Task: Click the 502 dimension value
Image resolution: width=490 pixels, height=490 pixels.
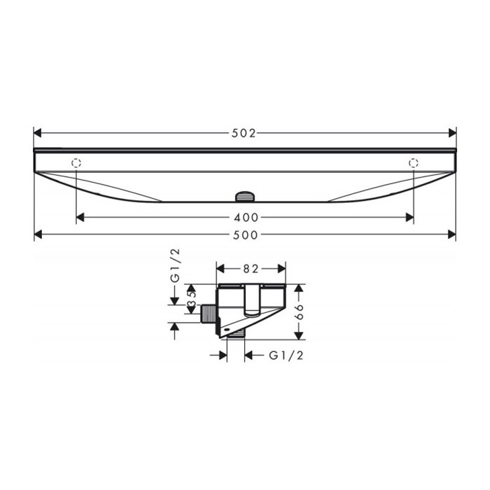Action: tap(244, 134)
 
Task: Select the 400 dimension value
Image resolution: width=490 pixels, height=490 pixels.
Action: tap(246, 218)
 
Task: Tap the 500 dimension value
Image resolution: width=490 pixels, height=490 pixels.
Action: tap(246, 235)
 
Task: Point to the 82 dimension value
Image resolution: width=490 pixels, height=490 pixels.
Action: tap(251, 269)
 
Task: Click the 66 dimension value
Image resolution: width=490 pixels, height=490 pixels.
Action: tap(299, 311)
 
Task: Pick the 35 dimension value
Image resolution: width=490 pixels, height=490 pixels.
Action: tap(191, 299)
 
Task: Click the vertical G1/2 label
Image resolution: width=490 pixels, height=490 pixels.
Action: tap(176, 265)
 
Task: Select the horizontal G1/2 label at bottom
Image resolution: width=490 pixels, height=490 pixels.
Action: tap(286, 356)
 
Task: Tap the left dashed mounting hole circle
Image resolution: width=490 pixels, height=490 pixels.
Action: tap(76, 163)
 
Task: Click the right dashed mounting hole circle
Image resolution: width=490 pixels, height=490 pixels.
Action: tap(414, 163)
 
